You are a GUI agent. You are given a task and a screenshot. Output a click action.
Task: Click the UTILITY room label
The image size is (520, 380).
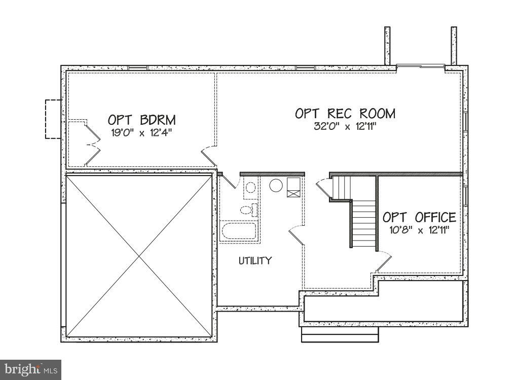tap(255, 261)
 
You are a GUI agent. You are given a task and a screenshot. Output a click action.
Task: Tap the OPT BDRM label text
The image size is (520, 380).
tap(141, 120)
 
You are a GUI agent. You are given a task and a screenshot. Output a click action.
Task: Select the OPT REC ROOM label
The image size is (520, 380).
tap(345, 114)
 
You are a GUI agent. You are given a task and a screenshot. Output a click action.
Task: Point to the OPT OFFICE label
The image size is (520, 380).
tap(419, 217)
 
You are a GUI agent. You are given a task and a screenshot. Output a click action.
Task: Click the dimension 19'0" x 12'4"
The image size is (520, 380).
tap(141, 133)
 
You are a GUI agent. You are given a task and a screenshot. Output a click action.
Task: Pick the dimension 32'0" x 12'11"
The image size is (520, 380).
tap(345, 126)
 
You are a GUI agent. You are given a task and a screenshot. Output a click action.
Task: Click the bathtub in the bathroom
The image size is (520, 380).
tap(239, 230)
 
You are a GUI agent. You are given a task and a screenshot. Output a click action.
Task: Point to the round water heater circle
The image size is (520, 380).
tap(276, 185)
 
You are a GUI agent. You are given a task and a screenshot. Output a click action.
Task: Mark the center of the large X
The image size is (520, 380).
tap(139, 256)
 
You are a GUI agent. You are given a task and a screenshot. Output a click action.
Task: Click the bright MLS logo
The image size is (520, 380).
tap(30, 369)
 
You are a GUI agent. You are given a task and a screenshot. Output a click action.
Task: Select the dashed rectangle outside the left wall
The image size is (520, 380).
tap(53, 119)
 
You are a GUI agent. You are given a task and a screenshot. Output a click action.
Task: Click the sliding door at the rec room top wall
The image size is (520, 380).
tap(421, 66)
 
